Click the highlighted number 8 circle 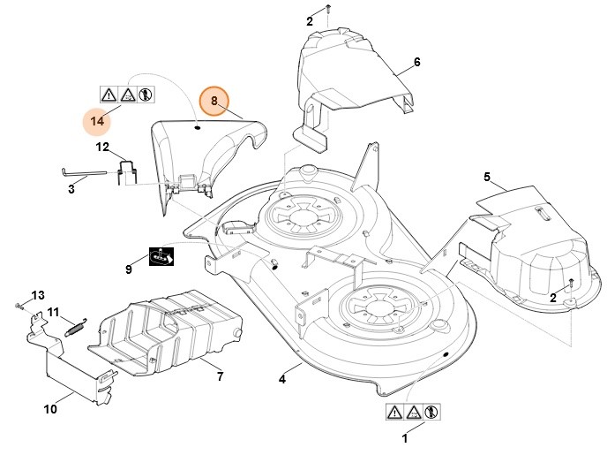(x=214, y=102)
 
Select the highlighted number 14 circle (x=98, y=119)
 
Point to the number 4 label (x=282, y=380)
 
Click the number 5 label (x=486, y=178)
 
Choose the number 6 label (x=416, y=63)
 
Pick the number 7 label (x=220, y=376)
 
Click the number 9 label (x=128, y=268)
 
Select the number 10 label (x=50, y=409)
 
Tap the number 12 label (x=102, y=147)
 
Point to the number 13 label (x=37, y=294)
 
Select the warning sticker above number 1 (x=413, y=412)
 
